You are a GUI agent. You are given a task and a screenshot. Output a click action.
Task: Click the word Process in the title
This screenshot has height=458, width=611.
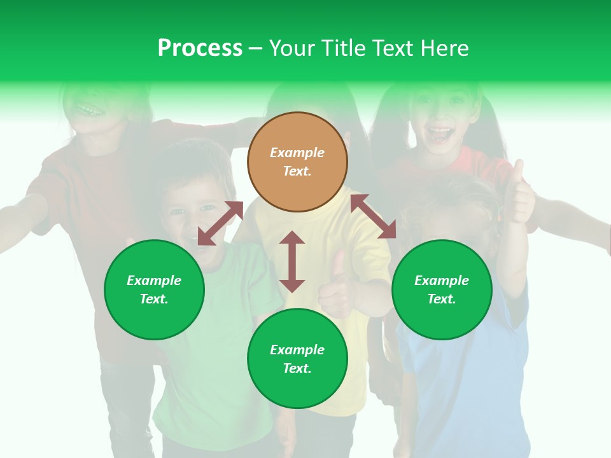pyautogui.click(x=200, y=48)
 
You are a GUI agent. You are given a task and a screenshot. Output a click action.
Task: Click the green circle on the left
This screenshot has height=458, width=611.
pyautogui.click(x=154, y=289)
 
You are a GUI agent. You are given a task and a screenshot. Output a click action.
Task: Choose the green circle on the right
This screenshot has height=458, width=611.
pyautogui.click(x=442, y=289)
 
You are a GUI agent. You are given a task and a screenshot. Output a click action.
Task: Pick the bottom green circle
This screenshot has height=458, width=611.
pyautogui.click(x=297, y=358)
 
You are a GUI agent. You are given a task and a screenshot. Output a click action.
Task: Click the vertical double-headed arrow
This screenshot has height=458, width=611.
pyautogui.click(x=292, y=261)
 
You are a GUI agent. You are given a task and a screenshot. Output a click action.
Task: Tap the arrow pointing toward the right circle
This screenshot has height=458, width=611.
pyautogui.click(x=373, y=216)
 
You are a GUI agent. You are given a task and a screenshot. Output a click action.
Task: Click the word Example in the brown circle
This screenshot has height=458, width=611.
pyautogui.click(x=297, y=153)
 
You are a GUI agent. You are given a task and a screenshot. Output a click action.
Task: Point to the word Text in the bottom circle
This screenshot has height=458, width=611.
pyautogui.click(x=297, y=368)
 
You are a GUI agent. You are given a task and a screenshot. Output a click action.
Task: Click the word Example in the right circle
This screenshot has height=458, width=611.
pyautogui.click(x=442, y=281)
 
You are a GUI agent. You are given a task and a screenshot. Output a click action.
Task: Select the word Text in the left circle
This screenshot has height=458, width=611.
pyautogui.click(x=154, y=299)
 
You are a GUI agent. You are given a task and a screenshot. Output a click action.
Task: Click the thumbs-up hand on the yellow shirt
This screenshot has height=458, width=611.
pyautogui.click(x=337, y=286)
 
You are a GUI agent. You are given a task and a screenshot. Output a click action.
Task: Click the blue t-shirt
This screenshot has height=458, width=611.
pyautogui.click(x=465, y=382)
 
